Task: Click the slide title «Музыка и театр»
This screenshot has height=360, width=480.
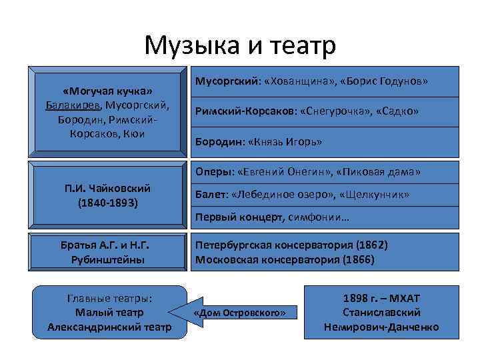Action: coord(240,45)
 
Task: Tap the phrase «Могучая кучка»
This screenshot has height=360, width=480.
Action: coord(107,91)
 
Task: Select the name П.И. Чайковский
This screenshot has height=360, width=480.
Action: coord(107,189)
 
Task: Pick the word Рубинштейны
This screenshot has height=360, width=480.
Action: coord(107,259)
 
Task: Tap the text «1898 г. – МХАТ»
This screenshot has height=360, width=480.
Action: coord(381,298)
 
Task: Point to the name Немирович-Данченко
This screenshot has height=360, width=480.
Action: coord(381,327)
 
